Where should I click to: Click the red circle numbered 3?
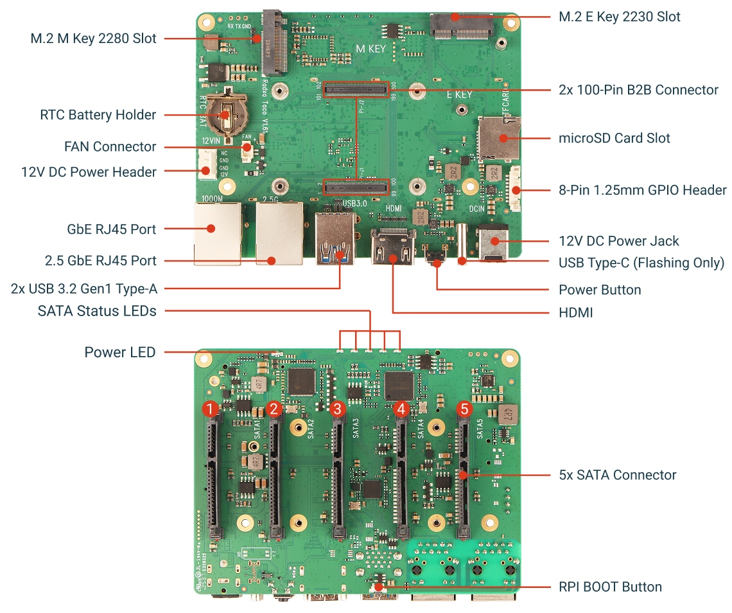coord(338,409)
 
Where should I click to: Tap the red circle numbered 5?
coord(464,409)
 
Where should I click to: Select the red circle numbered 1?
coord(211,409)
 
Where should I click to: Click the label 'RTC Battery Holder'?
coord(98,115)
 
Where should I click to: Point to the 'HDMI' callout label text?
coord(575,313)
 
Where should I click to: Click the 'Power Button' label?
coord(600,290)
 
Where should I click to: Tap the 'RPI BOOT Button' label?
coord(610,587)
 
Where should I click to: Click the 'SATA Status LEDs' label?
coord(97,312)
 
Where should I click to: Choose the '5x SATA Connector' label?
coord(617,475)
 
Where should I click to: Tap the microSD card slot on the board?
coord(500,138)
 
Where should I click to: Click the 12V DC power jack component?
coord(492,243)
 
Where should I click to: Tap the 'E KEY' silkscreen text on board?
coord(459,94)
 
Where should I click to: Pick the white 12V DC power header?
coord(207,163)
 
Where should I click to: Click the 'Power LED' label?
coord(120,352)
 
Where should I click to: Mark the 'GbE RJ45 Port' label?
coord(112,229)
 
